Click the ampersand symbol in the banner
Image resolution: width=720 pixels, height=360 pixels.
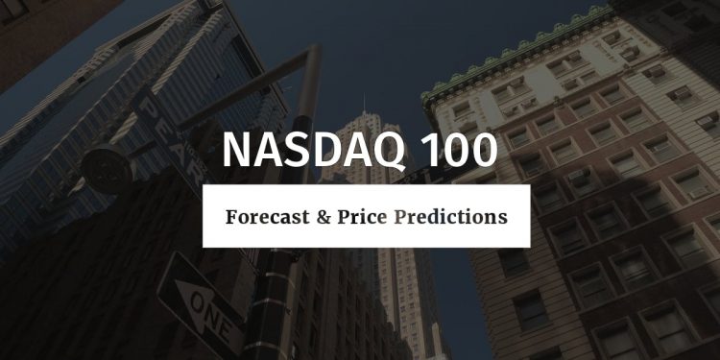[324, 217]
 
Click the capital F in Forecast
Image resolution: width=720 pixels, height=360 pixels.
[231, 217]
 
